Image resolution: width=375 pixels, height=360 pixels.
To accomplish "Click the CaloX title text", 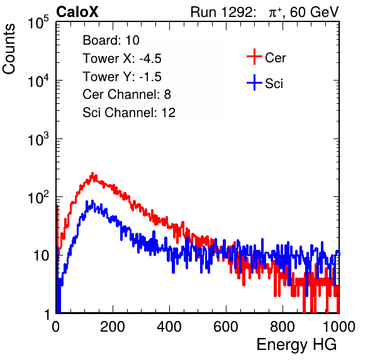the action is [x=77, y=11].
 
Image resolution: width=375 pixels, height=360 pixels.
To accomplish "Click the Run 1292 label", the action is [x=221, y=12].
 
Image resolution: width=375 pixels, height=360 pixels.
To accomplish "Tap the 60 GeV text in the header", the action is [x=314, y=12].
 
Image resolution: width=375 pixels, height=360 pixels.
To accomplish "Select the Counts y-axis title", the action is [x=9, y=49].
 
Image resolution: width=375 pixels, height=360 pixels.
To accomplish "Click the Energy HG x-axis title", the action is [x=296, y=345].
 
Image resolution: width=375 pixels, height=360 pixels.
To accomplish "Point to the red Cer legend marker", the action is [x=254, y=57].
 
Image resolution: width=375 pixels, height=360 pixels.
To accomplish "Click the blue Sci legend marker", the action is [x=254, y=82].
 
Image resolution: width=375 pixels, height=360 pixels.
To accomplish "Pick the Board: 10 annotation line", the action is [x=111, y=40].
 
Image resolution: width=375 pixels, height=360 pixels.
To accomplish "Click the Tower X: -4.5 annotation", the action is [x=122, y=58].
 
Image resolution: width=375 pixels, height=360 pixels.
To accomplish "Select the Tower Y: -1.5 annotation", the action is [x=122, y=77].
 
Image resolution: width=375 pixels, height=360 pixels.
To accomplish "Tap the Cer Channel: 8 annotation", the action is [x=126, y=94].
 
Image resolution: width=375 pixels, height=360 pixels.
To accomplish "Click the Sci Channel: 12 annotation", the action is [x=129, y=113].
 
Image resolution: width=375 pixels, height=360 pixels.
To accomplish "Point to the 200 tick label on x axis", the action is [x=113, y=327].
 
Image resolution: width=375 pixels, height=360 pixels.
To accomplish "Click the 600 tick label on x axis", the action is [x=226, y=327].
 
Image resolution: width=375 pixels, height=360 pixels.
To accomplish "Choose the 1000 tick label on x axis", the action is [x=339, y=327].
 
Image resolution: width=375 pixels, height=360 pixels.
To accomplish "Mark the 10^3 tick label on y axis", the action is [x=38, y=139].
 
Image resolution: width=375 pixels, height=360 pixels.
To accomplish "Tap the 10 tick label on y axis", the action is [x=41, y=256].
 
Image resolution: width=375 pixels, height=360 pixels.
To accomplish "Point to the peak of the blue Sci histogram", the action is [x=92, y=201].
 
